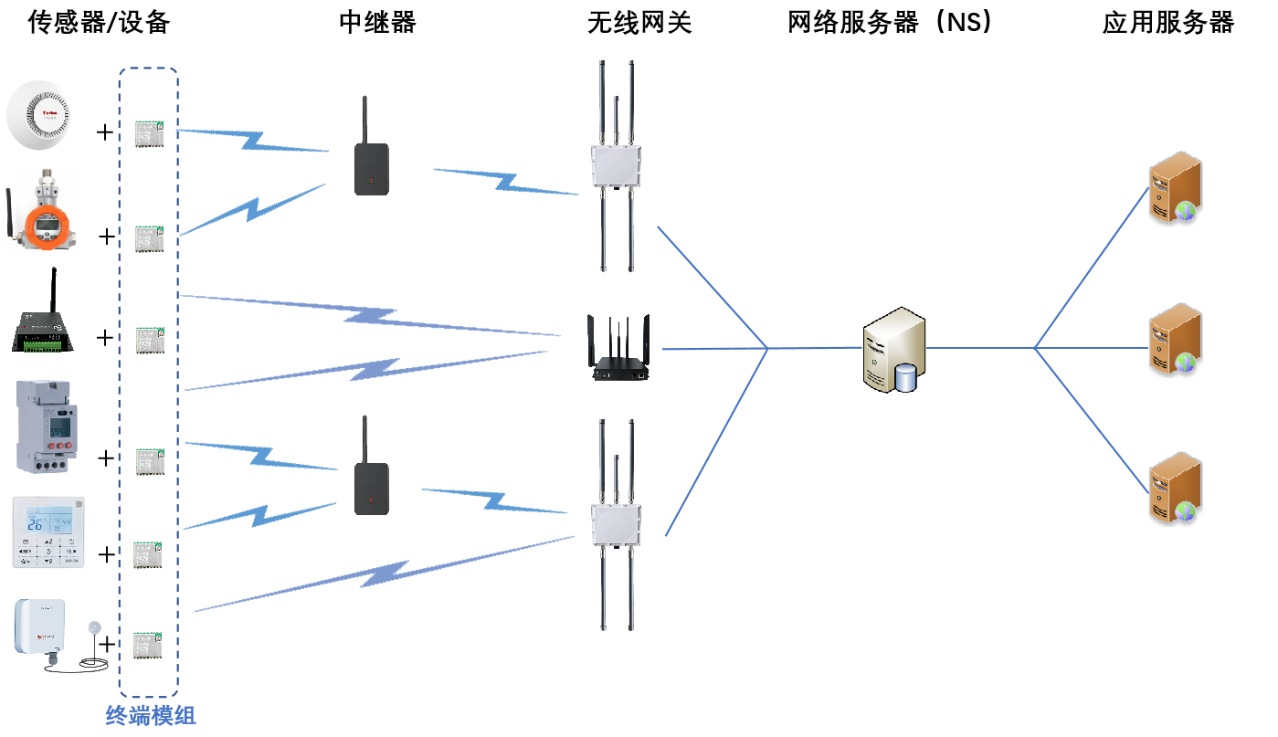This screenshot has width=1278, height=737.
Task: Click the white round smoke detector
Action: click(x=45, y=114)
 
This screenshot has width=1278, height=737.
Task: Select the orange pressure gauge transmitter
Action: click(x=42, y=220)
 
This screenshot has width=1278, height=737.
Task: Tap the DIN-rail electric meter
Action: click(x=47, y=425)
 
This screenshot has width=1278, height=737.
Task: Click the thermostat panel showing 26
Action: click(x=48, y=532)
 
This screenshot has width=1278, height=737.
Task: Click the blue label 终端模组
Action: click(x=151, y=715)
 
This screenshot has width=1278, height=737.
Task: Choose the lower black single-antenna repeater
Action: click(x=371, y=482)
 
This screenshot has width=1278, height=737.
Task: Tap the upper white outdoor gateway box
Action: click(x=616, y=165)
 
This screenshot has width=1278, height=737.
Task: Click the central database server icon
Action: click(x=893, y=348)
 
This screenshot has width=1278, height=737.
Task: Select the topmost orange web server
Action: click(x=1175, y=188)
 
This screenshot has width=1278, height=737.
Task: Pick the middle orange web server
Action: click(x=1175, y=339)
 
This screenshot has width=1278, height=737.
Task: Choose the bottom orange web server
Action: click(x=1175, y=488)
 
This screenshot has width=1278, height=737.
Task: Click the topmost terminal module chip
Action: click(x=149, y=133)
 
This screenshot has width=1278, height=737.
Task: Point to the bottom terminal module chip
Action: click(x=147, y=644)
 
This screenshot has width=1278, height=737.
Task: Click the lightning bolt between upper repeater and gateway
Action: click(x=506, y=181)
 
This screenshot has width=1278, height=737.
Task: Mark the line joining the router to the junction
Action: click(x=713, y=348)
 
